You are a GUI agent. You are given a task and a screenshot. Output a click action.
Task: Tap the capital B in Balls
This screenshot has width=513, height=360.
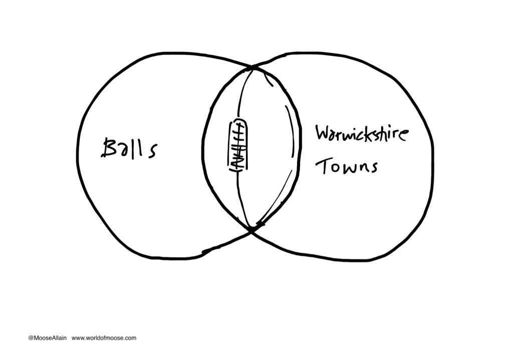[x=110, y=148]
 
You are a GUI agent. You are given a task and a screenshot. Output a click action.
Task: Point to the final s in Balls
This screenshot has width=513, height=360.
[x=150, y=150]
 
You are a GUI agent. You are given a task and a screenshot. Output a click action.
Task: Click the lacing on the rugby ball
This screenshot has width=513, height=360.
[x=238, y=145]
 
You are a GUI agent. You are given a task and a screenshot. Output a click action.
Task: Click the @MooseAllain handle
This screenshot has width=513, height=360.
[x=47, y=338]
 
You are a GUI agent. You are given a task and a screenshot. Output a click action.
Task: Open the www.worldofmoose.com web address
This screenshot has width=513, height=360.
[x=104, y=338]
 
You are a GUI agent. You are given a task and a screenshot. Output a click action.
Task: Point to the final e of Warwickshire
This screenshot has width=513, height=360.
[x=405, y=136]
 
